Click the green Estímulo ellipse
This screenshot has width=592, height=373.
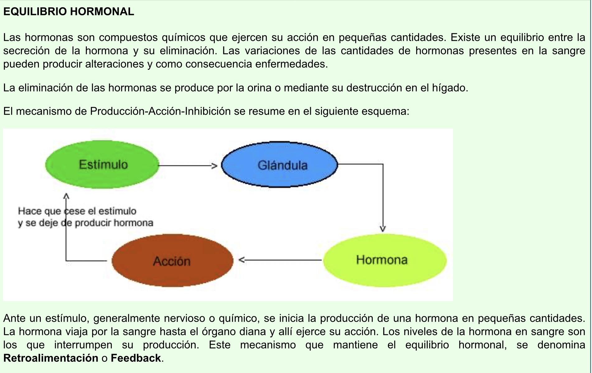tap(103, 164)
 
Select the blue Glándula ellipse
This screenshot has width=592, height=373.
tap(279, 165)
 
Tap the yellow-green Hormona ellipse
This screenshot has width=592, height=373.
tap(385, 260)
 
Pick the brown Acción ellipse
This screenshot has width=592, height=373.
tap(172, 261)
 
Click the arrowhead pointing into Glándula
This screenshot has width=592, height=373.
tap(214, 166)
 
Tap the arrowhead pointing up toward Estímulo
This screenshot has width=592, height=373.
tap(66, 196)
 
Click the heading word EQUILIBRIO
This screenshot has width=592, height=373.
tap(35, 12)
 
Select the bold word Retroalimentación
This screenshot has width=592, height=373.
tap(51, 358)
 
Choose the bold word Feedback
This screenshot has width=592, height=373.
tap(136, 358)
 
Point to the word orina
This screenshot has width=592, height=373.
tap(259, 88)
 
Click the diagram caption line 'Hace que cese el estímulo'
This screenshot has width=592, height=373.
tap(77, 211)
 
